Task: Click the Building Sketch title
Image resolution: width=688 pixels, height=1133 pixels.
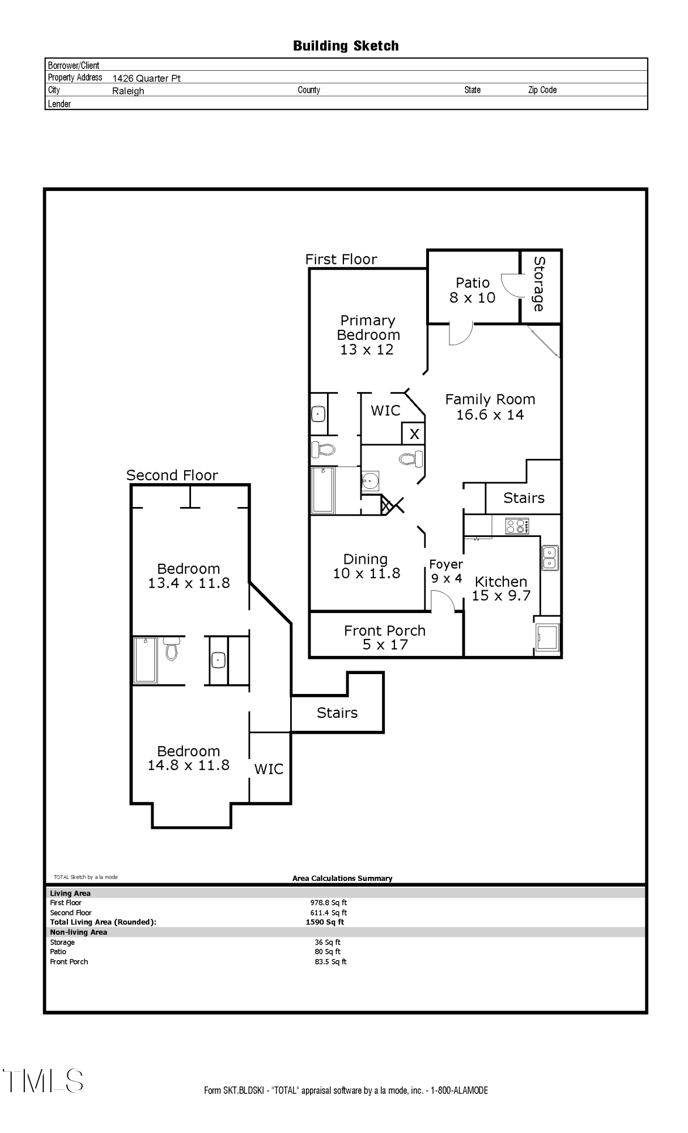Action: click(x=346, y=46)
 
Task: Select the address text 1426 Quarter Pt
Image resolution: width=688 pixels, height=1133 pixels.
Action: click(x=146, y=78)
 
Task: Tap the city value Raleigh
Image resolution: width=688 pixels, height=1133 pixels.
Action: click(x=128, y=91)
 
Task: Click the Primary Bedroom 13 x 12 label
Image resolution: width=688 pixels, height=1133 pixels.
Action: click(x=368, y=335)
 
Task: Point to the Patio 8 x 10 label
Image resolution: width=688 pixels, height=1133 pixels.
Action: click(x=472, y=290)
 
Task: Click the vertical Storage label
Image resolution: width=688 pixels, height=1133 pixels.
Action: click(x=539, y=284)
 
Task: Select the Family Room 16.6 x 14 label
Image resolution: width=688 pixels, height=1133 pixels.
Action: click(x=490, y=407)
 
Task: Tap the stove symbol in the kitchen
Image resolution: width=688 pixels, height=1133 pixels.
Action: click(x=517, y=526)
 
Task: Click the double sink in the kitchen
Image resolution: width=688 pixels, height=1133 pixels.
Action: click(x=550, y=557)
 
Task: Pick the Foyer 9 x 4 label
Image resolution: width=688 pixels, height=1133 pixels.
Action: click(x=446, y=571)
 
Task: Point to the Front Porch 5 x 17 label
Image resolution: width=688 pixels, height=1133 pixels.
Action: click(x=385, y=637)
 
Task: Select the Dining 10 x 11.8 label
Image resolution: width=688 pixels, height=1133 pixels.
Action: click(x=366, y=566)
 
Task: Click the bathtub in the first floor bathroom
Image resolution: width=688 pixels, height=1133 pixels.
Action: click(x=323, y=490)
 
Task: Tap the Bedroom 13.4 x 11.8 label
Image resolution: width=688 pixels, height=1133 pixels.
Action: click(x=189, y=576)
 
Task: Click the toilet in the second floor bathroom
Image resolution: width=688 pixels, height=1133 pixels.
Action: click(x=171, y=649)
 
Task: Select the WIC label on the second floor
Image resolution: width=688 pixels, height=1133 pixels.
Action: click(x=269, y=769)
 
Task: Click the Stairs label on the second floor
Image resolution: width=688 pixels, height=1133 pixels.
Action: click(x=337, y=713)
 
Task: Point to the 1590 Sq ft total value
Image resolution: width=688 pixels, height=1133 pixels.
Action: click(x=325, y=922)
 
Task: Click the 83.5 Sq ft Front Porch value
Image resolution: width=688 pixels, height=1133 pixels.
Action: click(x=330, y=961)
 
